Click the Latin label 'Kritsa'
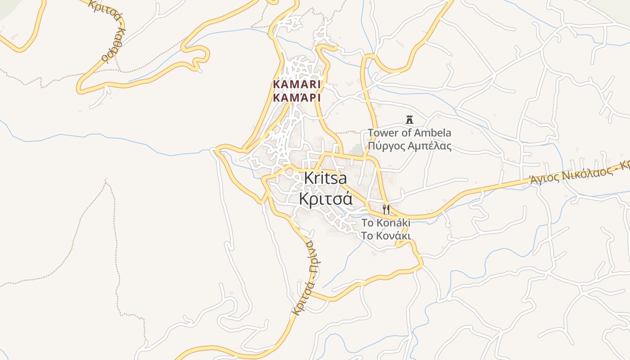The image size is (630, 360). [325, 178]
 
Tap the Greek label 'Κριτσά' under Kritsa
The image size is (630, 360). [325, 198]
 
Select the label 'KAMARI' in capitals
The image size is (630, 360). [297, 85]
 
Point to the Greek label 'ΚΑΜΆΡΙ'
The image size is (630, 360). [297, 97]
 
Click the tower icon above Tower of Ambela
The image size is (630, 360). [409, 120]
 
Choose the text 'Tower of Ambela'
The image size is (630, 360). [409, 133]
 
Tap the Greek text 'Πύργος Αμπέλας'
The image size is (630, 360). [409, 146]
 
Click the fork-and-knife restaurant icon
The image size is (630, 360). [386, 209]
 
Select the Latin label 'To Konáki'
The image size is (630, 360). [386, 223]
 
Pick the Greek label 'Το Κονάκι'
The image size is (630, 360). [386, 235]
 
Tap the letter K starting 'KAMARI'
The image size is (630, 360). [276, 85]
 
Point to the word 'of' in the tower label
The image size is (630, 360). [406, 133]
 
